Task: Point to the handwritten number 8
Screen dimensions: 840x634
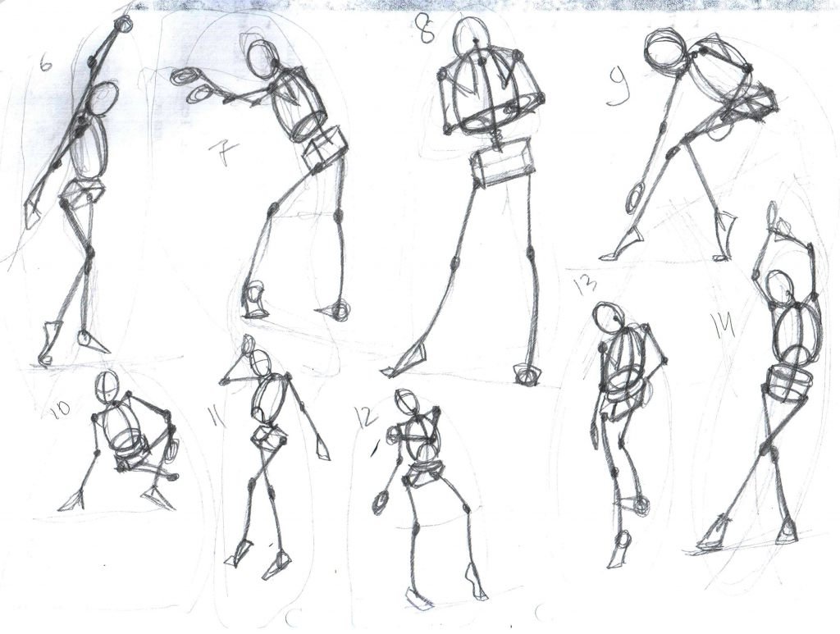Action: point(427,29)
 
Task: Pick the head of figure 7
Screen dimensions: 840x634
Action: point(262,58)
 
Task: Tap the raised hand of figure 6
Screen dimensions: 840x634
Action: point(125,24)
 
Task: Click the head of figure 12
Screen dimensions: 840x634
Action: point(406,401)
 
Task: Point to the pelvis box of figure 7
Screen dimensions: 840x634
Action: point(325,150)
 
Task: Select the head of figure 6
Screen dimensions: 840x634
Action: point(105,98)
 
